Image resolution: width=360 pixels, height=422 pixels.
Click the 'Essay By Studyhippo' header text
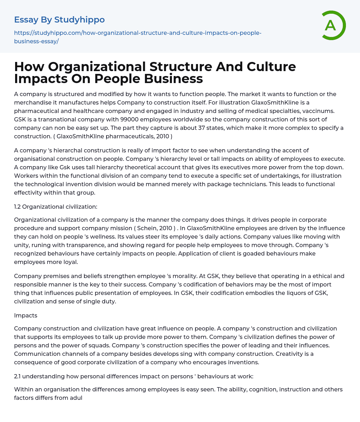pyautogui.click(x=59, y=20)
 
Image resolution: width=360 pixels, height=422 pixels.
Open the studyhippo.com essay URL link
pyautogui.click(x=137, y=37)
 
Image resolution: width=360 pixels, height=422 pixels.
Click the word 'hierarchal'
pyautogui.click(x=66, y=150)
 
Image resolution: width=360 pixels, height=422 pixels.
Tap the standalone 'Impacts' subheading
pyautogui.click(x=26, y=315)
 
